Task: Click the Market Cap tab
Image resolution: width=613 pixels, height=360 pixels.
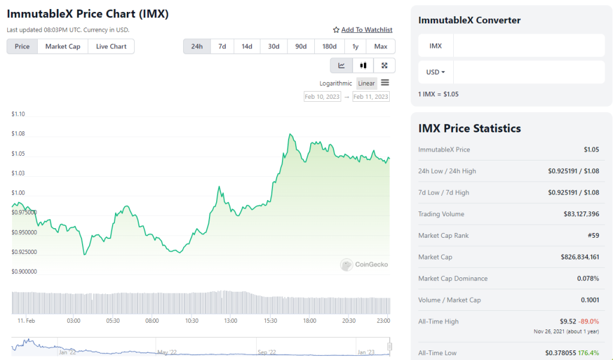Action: tap(63, 46)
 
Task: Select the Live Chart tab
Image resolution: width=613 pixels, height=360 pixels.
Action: tap(111, 46)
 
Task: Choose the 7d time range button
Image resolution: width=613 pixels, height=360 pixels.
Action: tap(222, 46)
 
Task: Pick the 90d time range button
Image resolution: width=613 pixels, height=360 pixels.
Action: tap(301, 46)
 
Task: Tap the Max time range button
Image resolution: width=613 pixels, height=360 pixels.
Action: tap(381, 46)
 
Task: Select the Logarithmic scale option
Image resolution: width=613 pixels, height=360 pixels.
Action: tap(336, 83)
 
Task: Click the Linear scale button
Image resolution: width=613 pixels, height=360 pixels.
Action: tap(366, 83)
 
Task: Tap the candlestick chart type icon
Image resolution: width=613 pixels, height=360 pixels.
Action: tap(363, 65)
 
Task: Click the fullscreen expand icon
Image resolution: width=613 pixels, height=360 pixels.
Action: tap(384, 65)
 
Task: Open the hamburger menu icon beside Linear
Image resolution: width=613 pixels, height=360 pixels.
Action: tap(385, 83)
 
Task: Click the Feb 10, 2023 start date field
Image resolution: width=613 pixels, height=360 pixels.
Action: tap(323, 96)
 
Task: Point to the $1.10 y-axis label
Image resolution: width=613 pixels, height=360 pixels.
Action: tap(18, 114)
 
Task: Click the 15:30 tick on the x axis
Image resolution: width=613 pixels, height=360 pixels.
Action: tap(270, 320)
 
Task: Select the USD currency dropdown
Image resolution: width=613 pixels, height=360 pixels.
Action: tap(435, 72)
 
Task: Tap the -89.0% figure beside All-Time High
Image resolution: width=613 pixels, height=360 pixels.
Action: tap(589, 321)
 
